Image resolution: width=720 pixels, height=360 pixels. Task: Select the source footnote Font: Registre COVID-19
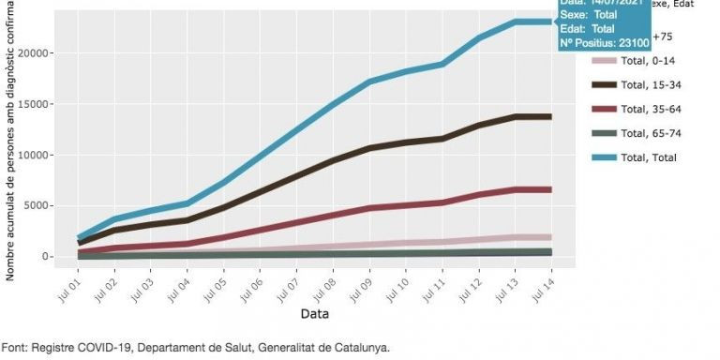[x=195, y=347]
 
